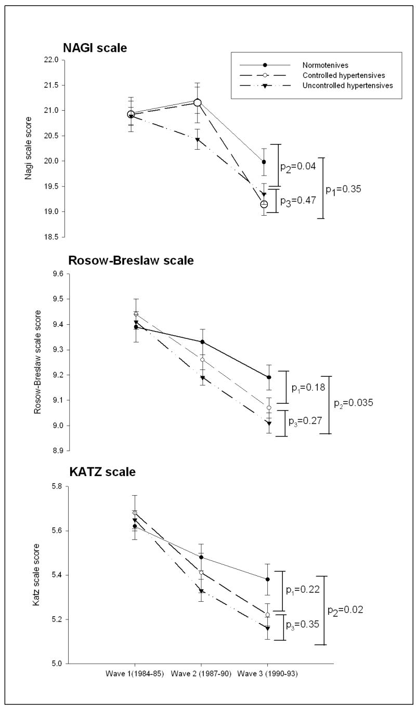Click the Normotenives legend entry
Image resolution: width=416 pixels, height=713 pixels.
[325, 65]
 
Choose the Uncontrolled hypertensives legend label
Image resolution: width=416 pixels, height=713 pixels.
[347, 85]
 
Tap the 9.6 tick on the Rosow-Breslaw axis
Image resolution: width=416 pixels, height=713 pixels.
[53, 274]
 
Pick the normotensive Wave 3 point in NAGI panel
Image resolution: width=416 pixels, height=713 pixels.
[264, 162]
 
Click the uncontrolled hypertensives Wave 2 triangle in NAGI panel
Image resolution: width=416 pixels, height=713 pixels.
[198, 140]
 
